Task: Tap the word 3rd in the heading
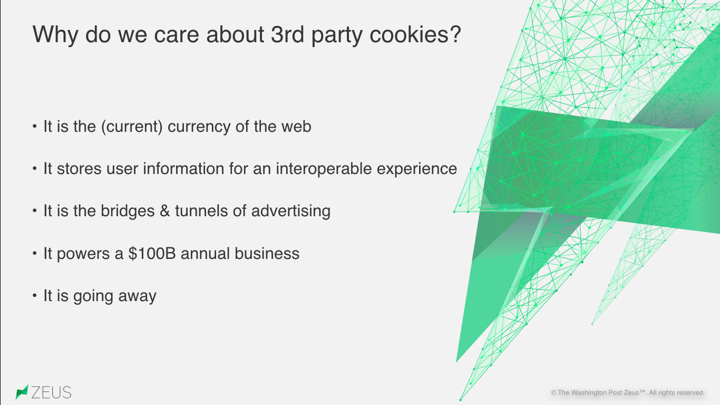coord(287,34)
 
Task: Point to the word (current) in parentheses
coord(132,127)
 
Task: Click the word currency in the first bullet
coord(199,127)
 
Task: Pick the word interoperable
coord(324,169)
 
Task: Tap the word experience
coord(417,169)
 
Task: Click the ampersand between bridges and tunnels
coord(164,211)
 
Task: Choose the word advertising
coord(291,211)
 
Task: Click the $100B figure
coord(152,254)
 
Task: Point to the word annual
coord(205,254)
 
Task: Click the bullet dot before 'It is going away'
coord(35,295)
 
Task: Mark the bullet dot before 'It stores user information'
coord(35,168)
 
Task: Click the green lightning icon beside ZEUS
coord(22,392)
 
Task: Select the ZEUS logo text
coord(52,392)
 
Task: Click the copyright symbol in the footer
coord(553,393)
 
